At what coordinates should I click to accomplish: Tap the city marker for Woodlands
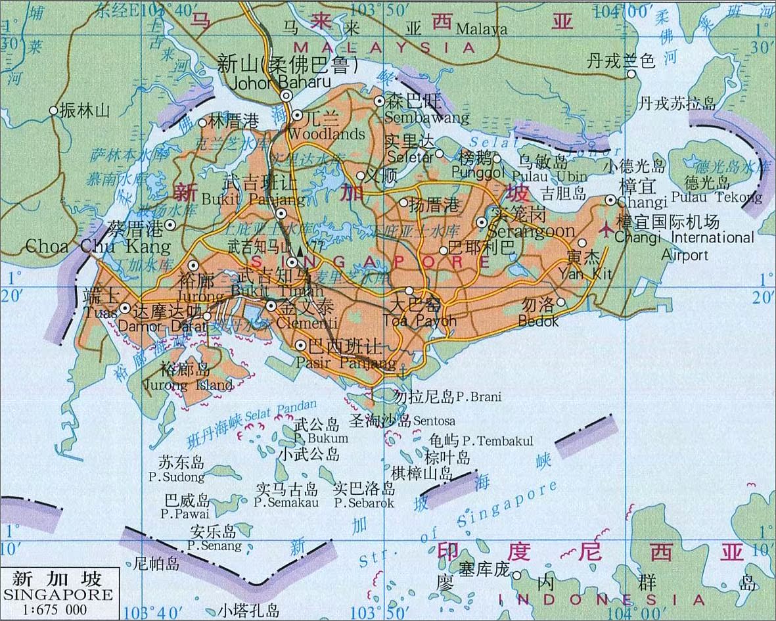pos(297,116)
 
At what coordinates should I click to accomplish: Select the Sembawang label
pos(427,118)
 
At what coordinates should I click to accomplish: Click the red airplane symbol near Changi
pos(606,230)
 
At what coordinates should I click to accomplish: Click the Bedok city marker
pos(560,302)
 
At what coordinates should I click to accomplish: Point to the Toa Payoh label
pos(419,321)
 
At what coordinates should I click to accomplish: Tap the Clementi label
pos(308,323)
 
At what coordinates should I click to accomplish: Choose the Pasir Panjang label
pos(346,363)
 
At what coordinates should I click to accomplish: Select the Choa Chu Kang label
pos(99,246)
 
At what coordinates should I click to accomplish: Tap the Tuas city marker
pos(125,308)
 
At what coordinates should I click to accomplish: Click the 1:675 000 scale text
pos(55,610)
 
